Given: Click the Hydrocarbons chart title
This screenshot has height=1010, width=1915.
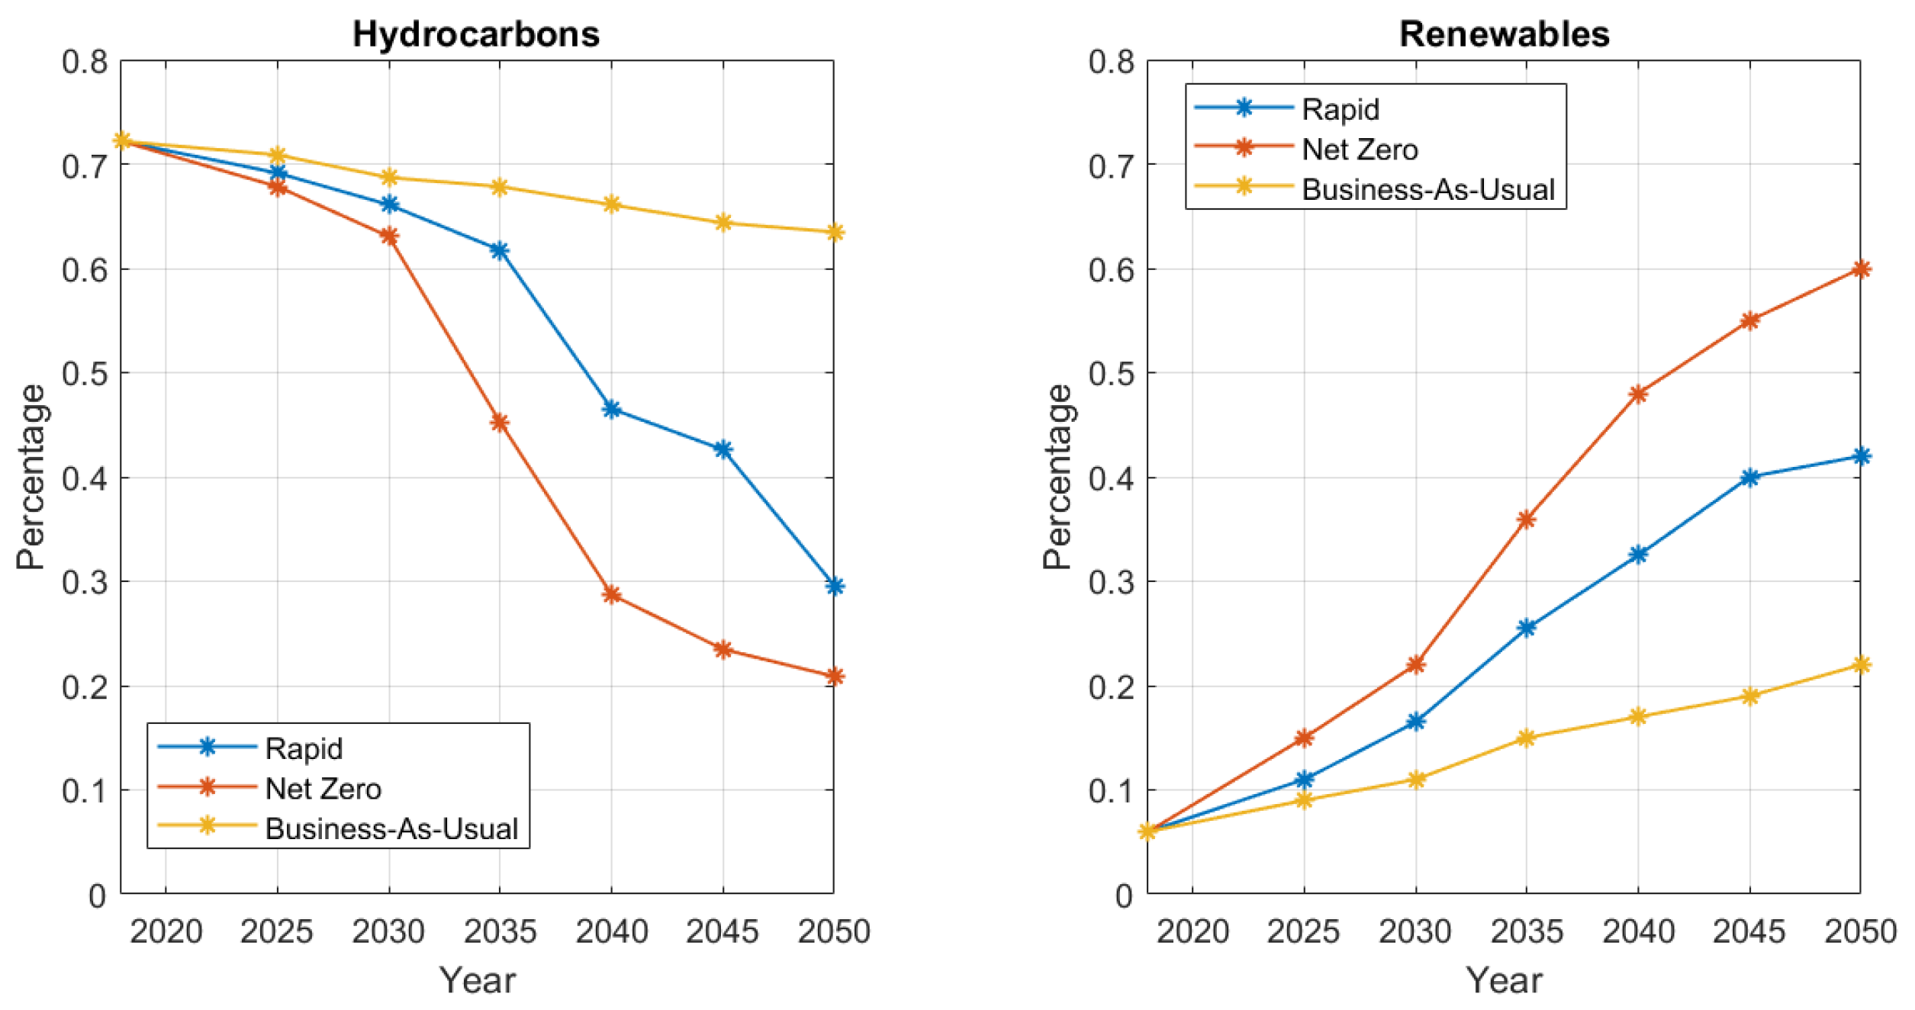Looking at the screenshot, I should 475,34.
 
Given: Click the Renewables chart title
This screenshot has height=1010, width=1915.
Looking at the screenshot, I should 1504,34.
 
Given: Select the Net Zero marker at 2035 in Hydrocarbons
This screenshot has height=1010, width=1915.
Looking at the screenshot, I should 500,422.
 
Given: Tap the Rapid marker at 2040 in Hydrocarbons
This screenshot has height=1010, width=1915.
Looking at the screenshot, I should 611,410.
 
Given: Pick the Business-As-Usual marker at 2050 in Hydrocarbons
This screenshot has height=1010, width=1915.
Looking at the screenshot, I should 835,233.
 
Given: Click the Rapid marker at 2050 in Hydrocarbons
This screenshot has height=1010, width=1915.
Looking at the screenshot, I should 835,586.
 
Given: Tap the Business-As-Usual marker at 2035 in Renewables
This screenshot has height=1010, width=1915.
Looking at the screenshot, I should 1527,738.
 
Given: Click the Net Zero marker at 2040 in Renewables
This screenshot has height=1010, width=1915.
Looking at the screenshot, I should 1638,394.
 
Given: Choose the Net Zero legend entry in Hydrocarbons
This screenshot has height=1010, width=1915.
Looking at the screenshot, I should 323,789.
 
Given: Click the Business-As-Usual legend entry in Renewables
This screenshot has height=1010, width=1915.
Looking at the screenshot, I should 1427,189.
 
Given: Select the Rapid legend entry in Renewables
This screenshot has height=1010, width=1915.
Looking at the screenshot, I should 1340,109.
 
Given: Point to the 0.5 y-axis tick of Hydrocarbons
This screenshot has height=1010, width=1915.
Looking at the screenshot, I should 85,374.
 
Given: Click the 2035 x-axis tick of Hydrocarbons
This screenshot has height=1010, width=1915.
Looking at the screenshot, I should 500,931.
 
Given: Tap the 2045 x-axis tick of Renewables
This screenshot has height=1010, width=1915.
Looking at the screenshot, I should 1749,931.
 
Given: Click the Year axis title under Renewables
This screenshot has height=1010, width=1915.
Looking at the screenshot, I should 1504,980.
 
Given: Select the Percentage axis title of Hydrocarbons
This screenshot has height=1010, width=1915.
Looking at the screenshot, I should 31,477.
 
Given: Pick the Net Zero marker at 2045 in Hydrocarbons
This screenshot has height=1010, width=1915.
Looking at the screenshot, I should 723,650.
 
